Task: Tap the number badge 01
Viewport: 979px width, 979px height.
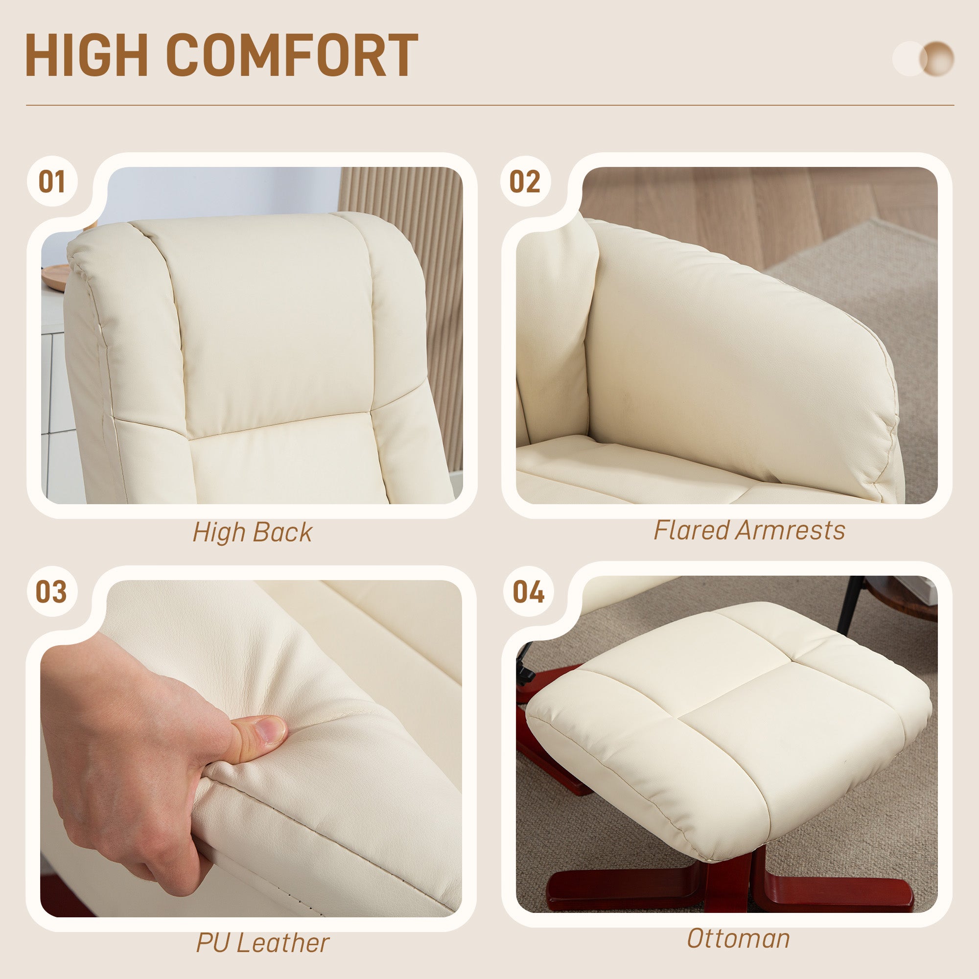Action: pos(52,182)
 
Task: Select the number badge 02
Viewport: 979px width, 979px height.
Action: pos(525,182)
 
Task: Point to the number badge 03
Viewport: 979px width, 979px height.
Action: pos(51,592)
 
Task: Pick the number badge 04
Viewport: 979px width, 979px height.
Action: pos(528,592)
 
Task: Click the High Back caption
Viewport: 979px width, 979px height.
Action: pos(253,533)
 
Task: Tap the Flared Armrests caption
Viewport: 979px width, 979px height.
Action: pos(749,531)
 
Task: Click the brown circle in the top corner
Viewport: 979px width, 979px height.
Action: pos(938,59)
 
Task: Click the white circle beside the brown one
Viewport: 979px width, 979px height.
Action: pos(908,59)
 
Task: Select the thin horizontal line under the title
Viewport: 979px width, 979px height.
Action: pos(489,105)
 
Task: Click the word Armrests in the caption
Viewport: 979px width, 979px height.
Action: pos(791,531)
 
